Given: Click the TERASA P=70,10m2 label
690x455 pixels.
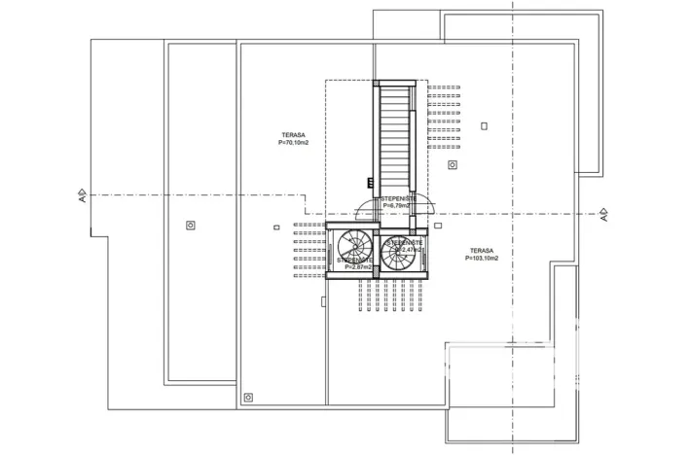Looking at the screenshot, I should [293, 138].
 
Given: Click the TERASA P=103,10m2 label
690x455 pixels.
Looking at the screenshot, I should [481, 255].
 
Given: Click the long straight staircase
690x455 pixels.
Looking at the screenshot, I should [394, 137].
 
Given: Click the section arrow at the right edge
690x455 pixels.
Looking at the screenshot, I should [602, 213].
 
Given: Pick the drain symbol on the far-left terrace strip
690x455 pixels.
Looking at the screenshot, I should [190, 226].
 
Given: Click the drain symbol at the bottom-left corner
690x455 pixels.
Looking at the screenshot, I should [248, 397].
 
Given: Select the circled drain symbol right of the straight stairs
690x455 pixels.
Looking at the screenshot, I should [452, 164].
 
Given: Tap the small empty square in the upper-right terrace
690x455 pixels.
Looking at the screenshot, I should [484, 125].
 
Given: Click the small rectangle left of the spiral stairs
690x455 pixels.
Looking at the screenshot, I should [277, 227].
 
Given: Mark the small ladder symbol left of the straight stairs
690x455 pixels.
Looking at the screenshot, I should [370, 181].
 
